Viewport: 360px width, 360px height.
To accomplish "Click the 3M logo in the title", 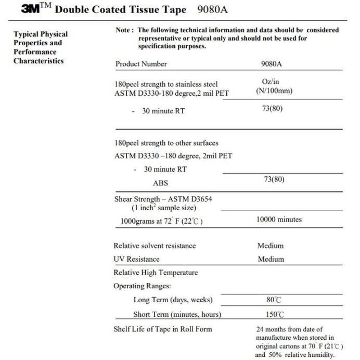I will [x=33, y=9].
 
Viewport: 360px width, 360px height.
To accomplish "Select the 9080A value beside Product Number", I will [x=272, y=64].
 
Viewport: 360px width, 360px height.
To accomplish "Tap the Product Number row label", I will [x=141, y=64].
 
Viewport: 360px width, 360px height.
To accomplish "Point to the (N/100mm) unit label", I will [x=274, y=91].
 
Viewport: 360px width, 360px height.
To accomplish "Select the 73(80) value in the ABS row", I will [x=274, y=179].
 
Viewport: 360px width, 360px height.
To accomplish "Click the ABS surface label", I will [x=160, y=183].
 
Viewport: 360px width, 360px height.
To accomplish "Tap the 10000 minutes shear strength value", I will [x=279, y=220].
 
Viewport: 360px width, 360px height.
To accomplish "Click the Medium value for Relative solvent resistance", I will [x=271, y=246].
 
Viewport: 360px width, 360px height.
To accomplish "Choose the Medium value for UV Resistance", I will [x=271, y=259].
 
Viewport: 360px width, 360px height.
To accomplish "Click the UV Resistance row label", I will [x=136, y=259].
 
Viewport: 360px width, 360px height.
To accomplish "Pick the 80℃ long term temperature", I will [x=274, y=300].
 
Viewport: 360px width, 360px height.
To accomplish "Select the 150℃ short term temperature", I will [x=274, y=314].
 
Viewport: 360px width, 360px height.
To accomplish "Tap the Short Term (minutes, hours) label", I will [x=177, y=314].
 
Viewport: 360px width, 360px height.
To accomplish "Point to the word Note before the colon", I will [x=124, y=30].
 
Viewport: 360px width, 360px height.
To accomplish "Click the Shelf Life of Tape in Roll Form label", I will [x=163, y=329].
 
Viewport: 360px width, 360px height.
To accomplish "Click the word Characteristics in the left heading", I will [x=38, y=61].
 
